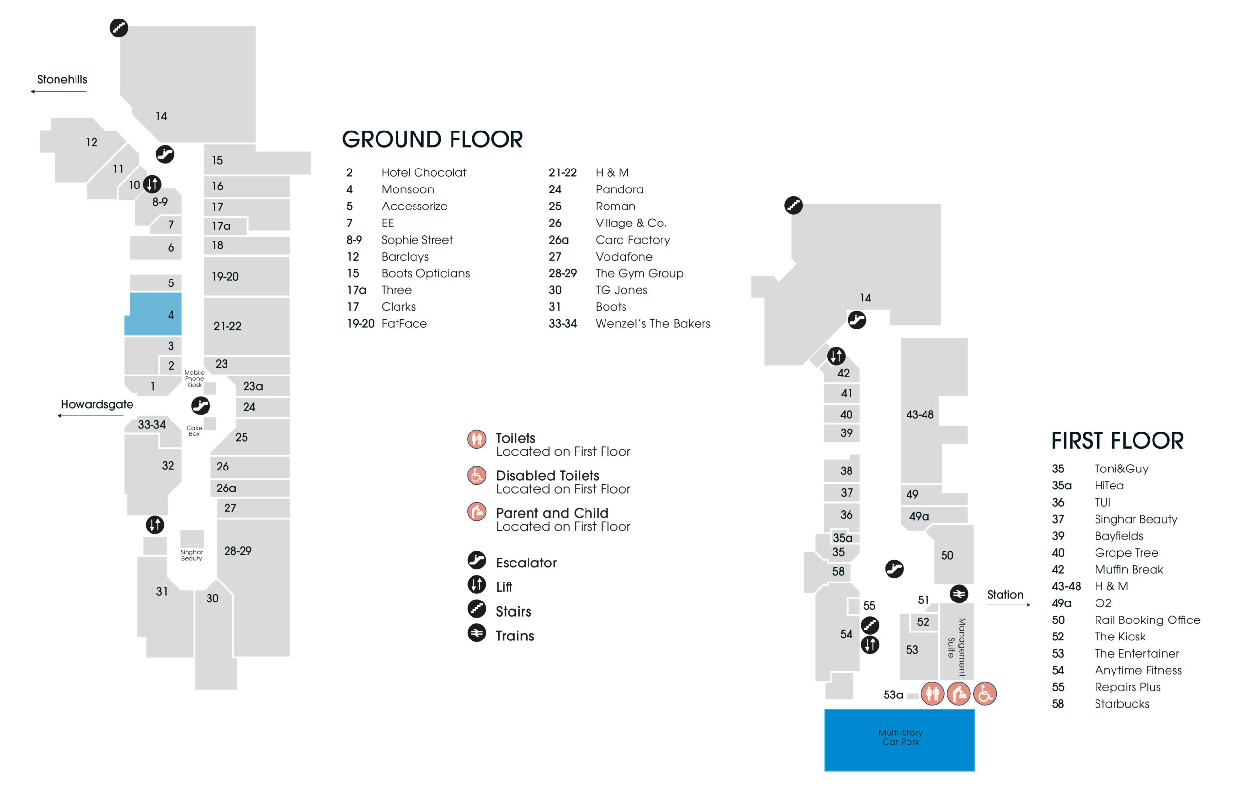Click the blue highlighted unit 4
click(x=154, y=314)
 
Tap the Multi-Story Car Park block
click(x=900, y=740)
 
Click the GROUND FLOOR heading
click(x=433, y=139)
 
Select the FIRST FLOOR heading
click(x=1117, y=441)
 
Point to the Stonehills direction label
click(x=62, y=79)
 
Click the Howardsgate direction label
click(x=97, y=404)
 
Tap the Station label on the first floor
click(x=1005, y=594)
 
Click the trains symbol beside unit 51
click(x=959, y=594)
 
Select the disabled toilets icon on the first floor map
click(x=985, y=694)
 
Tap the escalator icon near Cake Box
click(x=201, y=405)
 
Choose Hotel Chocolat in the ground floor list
click(x=424, y=172)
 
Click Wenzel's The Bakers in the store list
click(x=653, y=323)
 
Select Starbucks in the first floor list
click(x=1122, y=704)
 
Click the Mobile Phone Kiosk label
click(x=194, y=378)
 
